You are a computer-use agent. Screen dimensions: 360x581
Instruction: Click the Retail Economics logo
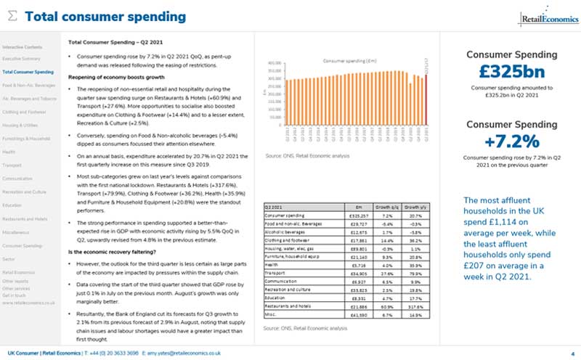[544, 17]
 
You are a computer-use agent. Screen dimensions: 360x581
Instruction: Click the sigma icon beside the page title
[12, 17]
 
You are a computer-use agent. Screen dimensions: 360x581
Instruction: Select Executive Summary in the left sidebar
[21, 57]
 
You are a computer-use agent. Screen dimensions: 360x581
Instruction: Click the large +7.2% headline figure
[511, 140]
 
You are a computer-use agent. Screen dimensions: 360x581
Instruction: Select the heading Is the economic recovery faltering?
[116, 251]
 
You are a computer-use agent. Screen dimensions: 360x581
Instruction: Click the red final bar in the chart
[426, 99]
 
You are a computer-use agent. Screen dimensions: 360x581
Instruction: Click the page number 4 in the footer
[573, 352]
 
